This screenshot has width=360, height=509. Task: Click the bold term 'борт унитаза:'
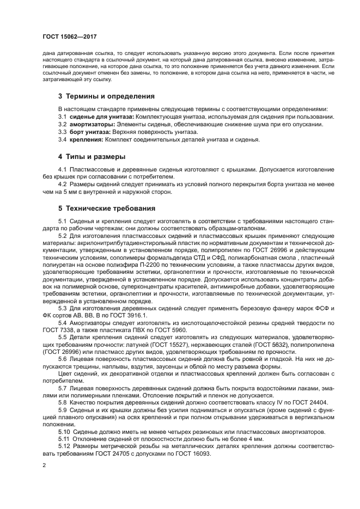[89, 132]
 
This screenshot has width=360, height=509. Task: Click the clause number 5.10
[65, 431]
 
